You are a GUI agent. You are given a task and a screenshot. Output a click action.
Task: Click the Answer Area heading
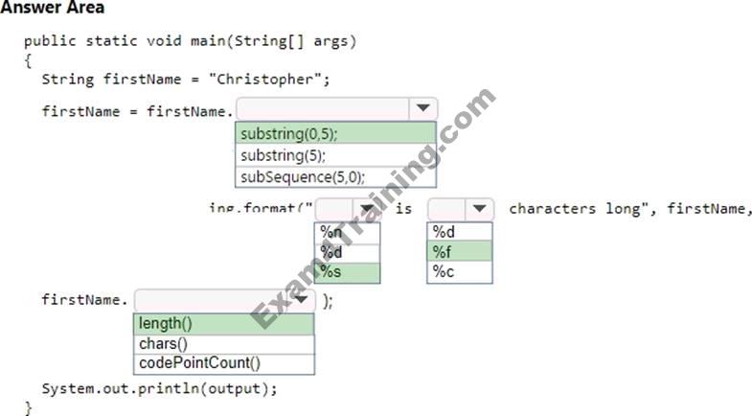(x=53, y=9)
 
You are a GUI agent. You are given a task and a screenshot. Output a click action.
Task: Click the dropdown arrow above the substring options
(x=422, y=109)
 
